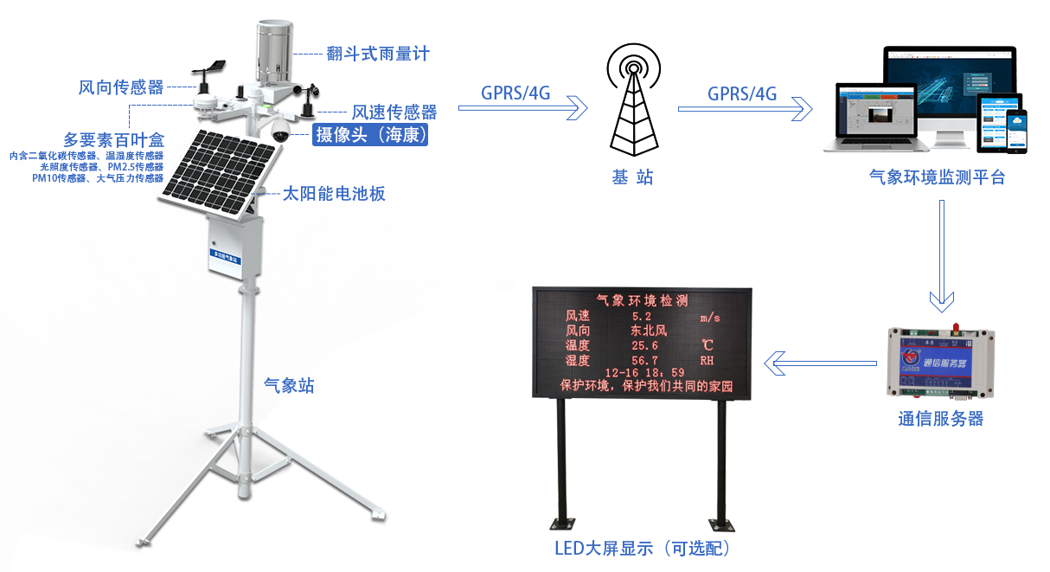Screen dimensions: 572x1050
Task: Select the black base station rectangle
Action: [x=629, y=100]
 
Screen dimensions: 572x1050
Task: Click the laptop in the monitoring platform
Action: [x=869, y=117]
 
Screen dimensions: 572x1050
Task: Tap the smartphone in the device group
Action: [x=1014, y=131]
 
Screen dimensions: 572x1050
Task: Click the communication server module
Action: [x=940, y=361]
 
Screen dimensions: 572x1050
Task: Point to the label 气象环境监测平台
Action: [x=938, y=177]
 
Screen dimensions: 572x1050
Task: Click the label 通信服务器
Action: [x=940, y=420]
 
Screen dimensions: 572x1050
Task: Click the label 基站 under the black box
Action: [x=631, y=177]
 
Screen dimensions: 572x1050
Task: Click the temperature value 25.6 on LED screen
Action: [x=645, y=345]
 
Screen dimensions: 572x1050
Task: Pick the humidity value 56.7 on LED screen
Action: [x=645, y=360]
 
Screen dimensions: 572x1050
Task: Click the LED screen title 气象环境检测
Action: [x=642, y=301]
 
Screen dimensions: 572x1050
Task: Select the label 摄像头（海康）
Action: [x=371, y=134]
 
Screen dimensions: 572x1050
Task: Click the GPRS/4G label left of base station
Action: [x=515, y=93]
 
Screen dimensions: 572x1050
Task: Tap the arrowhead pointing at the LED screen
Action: [x=774, y=363]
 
